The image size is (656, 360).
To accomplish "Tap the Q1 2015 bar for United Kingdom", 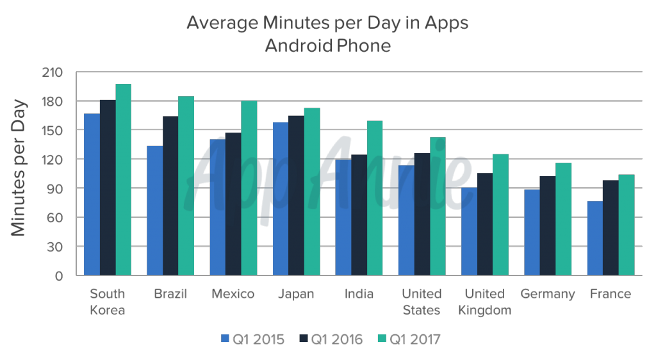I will [x=469, y=231].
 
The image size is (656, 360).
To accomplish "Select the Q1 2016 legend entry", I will [x=331, y=339].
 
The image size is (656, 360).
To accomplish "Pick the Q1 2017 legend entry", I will [x=409, y=339].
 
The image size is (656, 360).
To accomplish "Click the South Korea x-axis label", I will [x=108, y=302].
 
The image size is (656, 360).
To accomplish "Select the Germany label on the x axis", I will [x=548, y=294].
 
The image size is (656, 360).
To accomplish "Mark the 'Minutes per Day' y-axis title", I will [x=19, y=168].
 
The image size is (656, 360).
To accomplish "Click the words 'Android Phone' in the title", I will [x=327, y=46].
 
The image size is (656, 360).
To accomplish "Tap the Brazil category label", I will [x=170, y=294].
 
